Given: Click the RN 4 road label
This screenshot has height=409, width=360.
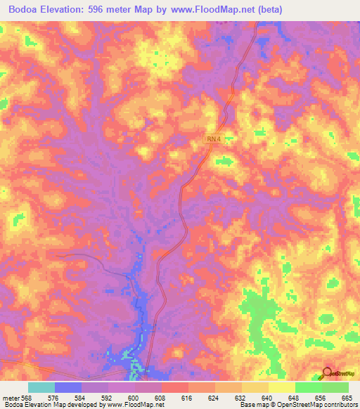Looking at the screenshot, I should [x=214, y=140].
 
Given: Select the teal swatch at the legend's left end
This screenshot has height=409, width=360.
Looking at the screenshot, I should [x=41, y=387].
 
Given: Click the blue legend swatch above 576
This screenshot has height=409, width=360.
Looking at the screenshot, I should [x=68, y=387].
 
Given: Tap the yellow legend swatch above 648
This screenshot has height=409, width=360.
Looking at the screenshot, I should [x=282, y=387].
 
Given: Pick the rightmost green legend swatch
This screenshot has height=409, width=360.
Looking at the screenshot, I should [x=335, y=387].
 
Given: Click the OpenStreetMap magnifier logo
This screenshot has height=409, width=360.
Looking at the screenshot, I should [x=328, y=373].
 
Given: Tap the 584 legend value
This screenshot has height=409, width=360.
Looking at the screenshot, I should [x=94, y=397].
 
